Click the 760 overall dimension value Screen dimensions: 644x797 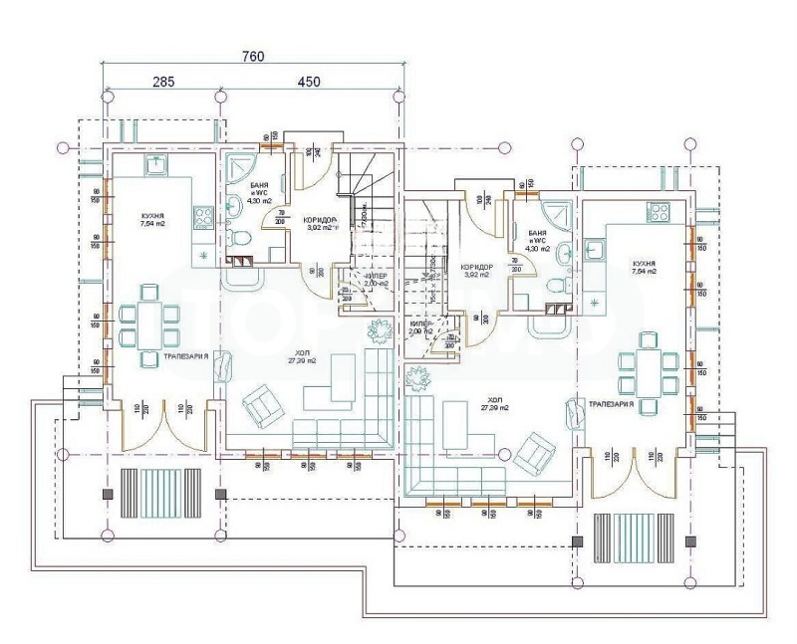coord(253,57)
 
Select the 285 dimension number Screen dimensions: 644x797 coord(164,82)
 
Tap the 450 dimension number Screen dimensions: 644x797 coord(309,82)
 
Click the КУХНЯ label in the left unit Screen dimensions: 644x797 coord(152,215)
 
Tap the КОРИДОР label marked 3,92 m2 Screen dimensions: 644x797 coord(477,270)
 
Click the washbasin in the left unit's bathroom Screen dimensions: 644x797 coord(233,207)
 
